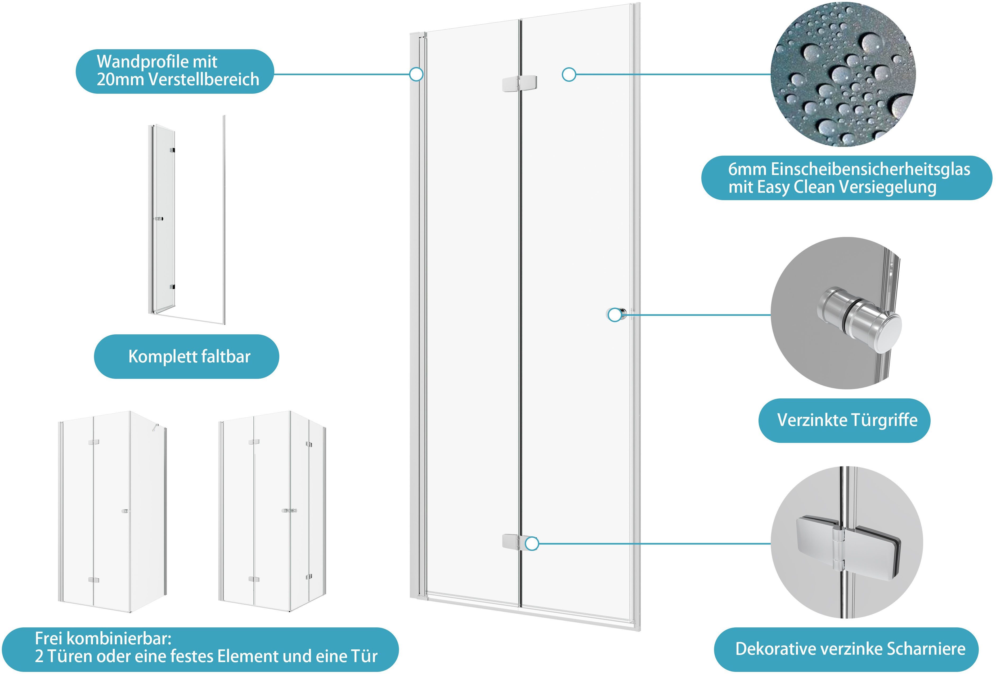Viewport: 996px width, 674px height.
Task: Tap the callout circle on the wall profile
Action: click(416, 74)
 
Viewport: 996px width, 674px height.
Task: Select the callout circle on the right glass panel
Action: click(569, 75)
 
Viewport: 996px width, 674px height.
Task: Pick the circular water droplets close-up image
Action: click(843, 74)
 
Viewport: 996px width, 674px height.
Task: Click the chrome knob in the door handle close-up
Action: click(859, 317)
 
